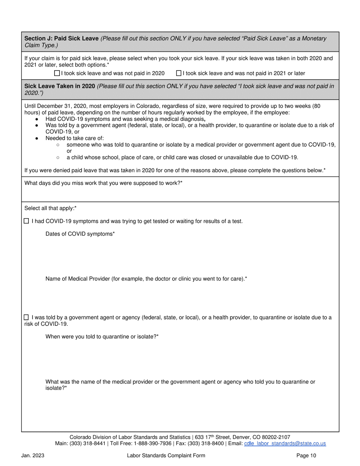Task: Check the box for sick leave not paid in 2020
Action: pos(57,73)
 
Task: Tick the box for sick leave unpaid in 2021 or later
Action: pos(179,73)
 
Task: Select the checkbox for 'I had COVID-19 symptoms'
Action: pos(26,221)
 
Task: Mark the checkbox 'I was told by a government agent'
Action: pos(26,317)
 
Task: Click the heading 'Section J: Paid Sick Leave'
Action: pos(61,39)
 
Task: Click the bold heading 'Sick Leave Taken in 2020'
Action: pos(59,86)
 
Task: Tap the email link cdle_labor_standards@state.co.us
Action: pos(285,443)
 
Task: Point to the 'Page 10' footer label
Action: pos(306,455)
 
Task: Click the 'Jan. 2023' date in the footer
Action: pos(33,455)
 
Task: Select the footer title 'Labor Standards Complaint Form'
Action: pos(166,455)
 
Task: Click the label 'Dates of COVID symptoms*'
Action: pos(80,234)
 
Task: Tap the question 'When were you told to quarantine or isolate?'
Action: pos(102,336)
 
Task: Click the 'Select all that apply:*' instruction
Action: pos(50,208)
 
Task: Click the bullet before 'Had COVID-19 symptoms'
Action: pos(36,119)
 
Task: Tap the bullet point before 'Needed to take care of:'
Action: pos(36,139)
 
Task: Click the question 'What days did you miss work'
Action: pos(103,183)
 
